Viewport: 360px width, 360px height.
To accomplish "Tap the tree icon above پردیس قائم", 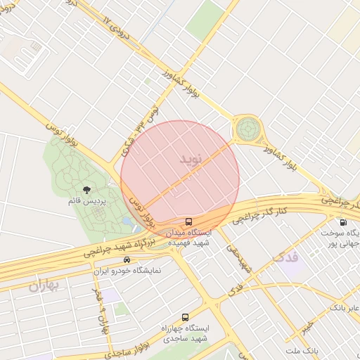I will click(x=87, y=190).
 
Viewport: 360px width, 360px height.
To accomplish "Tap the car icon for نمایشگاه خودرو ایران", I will click(x=127, y=259).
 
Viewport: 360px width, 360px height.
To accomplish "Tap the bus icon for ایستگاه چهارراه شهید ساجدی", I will click(x=186, y=317).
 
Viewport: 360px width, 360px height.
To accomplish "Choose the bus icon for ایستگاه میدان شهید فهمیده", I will click(x=188, y=221).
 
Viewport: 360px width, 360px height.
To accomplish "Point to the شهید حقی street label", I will click(x=239, y=259).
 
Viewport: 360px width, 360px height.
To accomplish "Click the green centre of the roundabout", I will click(x=247, y=129).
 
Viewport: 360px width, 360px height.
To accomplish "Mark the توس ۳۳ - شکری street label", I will click(x=139, y=130).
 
